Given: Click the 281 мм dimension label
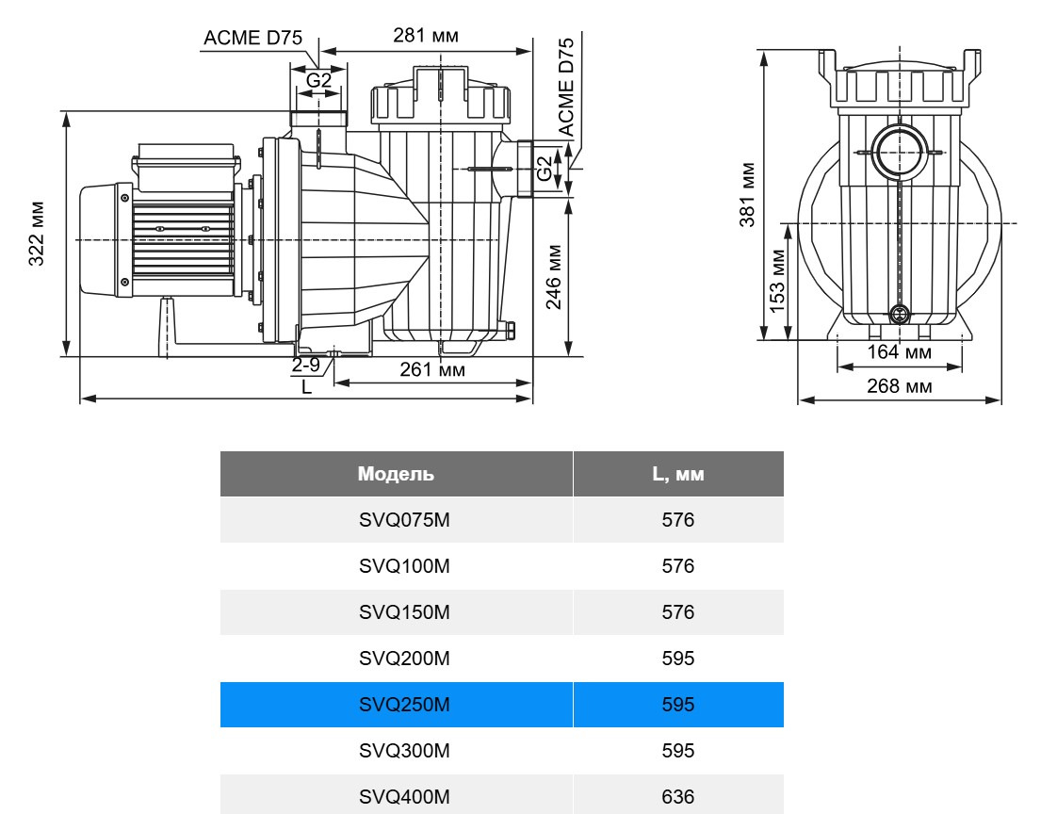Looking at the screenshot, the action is (x=426, y=35).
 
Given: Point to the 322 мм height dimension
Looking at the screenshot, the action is (x=37, y=234).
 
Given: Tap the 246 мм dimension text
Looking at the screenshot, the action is (x=553, y=276).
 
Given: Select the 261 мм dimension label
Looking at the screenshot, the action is (x=432, y=369).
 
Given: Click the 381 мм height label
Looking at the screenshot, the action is (x=747, y=194).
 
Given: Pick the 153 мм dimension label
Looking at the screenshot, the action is (x=777, y=281).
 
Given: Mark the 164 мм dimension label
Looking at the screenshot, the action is (x=900, y=351).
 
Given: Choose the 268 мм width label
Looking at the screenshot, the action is (x=900, y=385).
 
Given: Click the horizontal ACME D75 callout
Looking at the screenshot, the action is (x=252, y=38).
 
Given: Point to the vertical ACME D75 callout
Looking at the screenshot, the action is (x=566, y=87).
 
